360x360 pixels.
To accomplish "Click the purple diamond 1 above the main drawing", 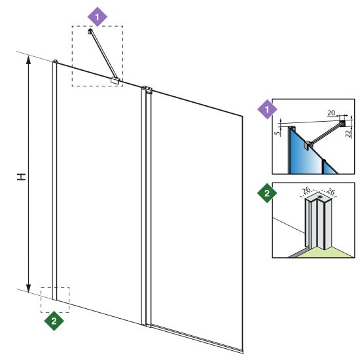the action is [98, 17].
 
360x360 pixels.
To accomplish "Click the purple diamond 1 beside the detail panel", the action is [267, 109].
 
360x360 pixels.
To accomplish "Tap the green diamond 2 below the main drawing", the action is [54, 321].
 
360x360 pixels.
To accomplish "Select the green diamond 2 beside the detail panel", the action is [267, 193].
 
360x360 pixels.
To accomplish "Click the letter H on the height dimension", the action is [22, 177].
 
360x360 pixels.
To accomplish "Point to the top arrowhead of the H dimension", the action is [28, 60].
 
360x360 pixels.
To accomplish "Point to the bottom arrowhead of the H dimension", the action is [28, 289].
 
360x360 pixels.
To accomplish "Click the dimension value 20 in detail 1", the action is [331, 113].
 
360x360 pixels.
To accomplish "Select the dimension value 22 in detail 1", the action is [349, 134].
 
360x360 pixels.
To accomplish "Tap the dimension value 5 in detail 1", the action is [278, 133].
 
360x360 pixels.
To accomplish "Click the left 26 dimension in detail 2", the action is [306, 190].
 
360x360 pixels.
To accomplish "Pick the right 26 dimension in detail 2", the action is [331, 191].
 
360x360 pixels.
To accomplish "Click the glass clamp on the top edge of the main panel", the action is [115, 81].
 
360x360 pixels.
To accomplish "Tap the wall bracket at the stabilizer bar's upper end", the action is [90, 31].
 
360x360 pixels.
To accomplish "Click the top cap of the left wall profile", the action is [55, 61].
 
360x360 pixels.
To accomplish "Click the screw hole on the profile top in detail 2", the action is [320, 197].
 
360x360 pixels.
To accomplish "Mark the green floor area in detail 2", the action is [326, 253].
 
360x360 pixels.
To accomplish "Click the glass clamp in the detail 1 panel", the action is [307, 145].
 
